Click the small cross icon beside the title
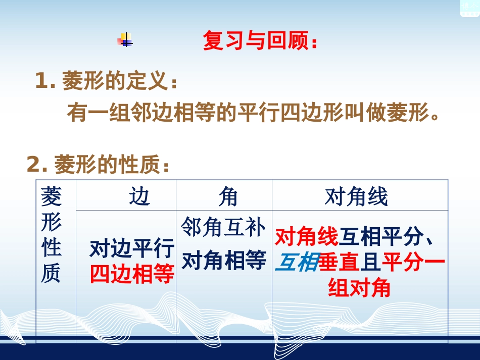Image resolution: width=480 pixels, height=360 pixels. [x=125, y=40]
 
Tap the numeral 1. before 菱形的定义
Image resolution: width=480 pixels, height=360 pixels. [x=45, y=81]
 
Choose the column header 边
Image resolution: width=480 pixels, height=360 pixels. [x=139, y=196]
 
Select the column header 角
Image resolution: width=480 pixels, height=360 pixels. [x=228, y=196]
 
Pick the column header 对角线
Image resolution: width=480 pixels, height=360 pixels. [x=356, y=196]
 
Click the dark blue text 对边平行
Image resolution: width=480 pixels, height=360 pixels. [x=132, y=249]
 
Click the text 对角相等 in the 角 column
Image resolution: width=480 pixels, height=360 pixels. [x=223, y=261]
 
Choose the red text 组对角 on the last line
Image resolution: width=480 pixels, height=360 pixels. [x=359, y=288]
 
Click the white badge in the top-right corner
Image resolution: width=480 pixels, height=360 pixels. [x=469, y=7]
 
